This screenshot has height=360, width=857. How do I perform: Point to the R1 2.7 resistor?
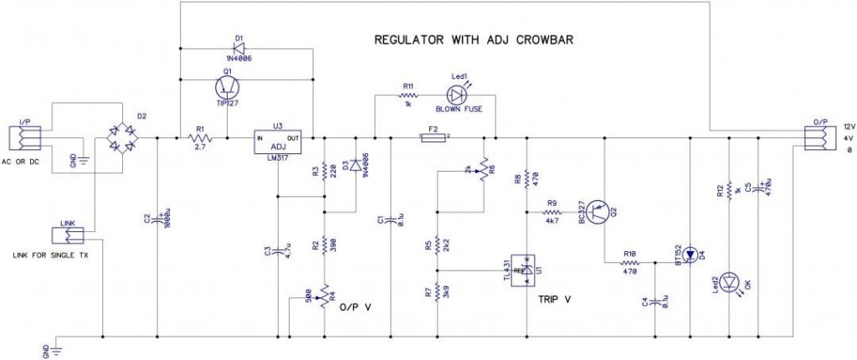pos(200,137)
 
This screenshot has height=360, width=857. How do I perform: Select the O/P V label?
pos(354,306)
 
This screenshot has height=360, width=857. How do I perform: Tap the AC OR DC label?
pos(23,160)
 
